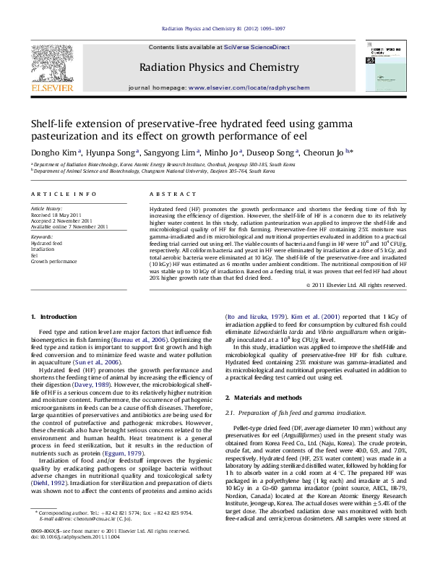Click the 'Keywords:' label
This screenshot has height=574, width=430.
[x=43, y=236]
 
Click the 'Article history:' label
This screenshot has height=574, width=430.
[x=45, y=208]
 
